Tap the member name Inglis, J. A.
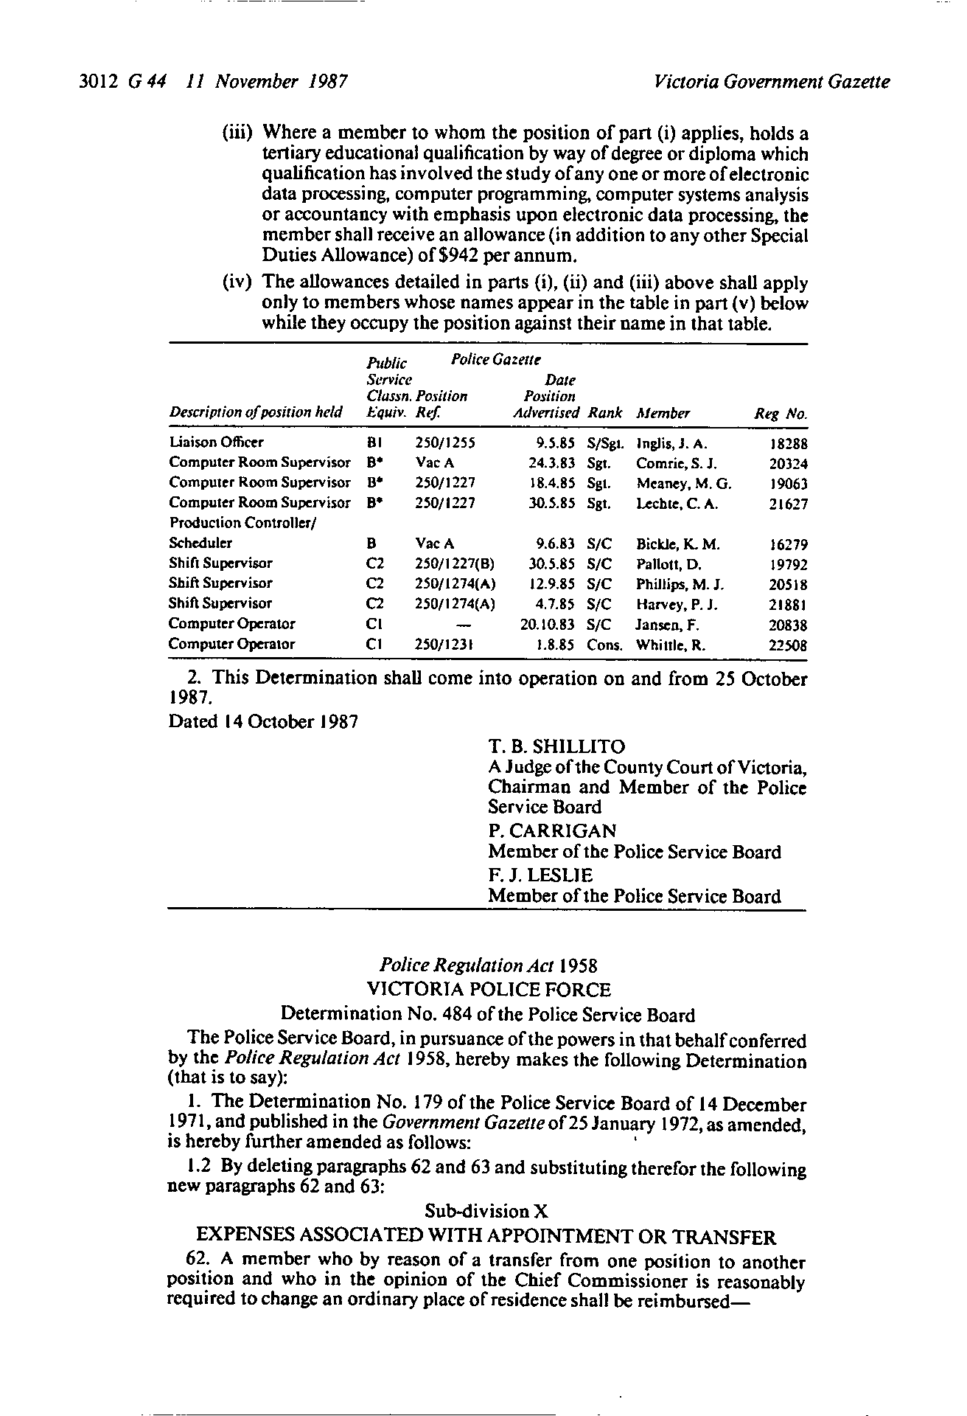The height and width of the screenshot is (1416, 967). [x=672, y=444]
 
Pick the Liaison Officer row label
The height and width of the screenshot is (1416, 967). [x=216, y=442]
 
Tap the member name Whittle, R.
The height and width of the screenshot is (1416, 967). [x=671, y=645]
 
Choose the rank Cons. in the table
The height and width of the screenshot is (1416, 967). [x=605, y=645]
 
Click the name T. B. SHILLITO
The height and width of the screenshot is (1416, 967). [x=556, y=747]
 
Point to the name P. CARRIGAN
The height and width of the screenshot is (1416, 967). [x=552, y=831]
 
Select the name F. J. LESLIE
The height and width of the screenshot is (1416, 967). [x=540, y=875]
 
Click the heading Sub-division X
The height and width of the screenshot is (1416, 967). [x=487, y=1211]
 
